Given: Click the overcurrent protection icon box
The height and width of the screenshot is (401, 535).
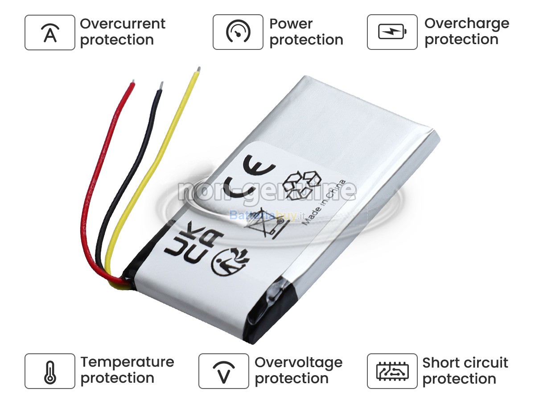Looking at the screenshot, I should (x=50, y=33).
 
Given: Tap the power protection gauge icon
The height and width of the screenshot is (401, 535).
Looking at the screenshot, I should (x=238, y=33).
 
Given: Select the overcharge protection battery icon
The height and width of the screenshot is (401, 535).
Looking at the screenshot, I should (x=392, y=33).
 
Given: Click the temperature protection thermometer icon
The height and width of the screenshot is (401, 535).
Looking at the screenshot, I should (x=50, y=371).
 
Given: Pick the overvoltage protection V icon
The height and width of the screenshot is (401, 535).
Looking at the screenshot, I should (x=223, y=371).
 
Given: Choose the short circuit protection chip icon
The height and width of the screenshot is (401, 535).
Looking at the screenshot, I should (x=392, y=371).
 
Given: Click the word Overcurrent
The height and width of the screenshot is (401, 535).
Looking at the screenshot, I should (x=123, y=24).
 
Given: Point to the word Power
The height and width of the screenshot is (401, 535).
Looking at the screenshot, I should (x=291, y=24).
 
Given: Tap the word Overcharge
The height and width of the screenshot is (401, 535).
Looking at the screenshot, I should (x=466, y=23).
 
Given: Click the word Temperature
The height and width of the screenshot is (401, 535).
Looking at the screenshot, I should (x=127, y=362).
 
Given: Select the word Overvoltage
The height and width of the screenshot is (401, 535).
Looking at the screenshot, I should (x=298, y=362).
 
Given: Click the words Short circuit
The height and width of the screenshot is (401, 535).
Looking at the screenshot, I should (x=465, y=362).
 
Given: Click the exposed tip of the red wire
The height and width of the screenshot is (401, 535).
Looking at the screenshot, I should (x=132, y=83).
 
